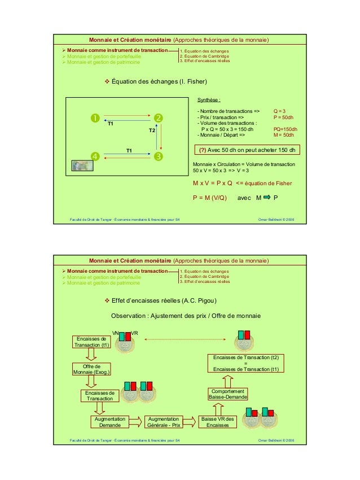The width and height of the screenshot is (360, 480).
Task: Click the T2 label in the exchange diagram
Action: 152,130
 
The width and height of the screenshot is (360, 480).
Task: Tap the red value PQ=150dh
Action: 285,129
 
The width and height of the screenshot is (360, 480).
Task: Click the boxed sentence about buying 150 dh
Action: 247,150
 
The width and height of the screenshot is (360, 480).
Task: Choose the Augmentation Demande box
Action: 109,422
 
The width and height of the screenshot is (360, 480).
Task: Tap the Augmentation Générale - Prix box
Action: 164,422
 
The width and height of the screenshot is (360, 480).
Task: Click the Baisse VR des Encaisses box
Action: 217,422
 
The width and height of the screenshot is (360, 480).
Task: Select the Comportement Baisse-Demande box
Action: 228,394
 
